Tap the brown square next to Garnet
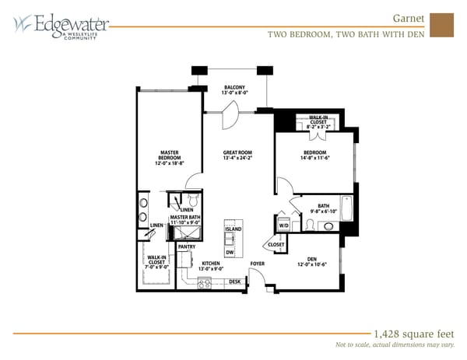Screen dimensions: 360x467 point(441,24)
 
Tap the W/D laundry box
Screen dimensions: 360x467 point(283,225)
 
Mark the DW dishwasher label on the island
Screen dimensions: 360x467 point(230,252)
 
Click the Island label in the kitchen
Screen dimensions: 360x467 point(233,229)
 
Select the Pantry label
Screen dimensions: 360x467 point(187,246)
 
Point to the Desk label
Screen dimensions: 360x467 point(233,281)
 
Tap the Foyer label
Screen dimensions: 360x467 point(258,264)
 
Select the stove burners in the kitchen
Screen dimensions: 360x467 point(205,283)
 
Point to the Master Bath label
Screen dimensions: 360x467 point(185,221)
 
